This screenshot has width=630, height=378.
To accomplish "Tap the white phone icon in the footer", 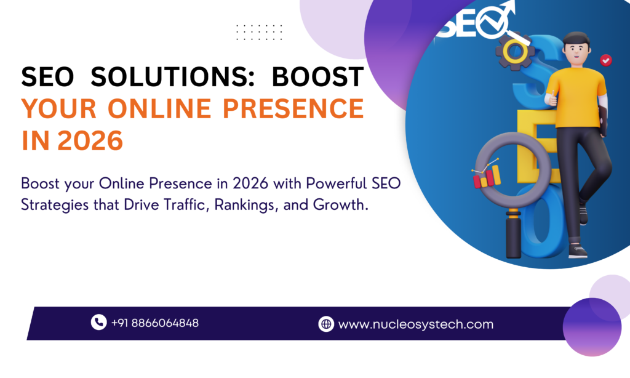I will [98, 322].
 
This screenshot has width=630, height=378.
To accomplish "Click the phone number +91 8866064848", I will [154, 323].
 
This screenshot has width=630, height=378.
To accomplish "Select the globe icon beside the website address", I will [326, 324].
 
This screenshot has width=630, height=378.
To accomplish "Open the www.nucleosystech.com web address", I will [415, 324].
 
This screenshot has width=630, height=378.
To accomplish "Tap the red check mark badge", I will [606, 60].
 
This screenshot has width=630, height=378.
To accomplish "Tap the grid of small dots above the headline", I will [260, 32].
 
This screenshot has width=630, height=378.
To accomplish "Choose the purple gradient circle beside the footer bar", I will [592, 326].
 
